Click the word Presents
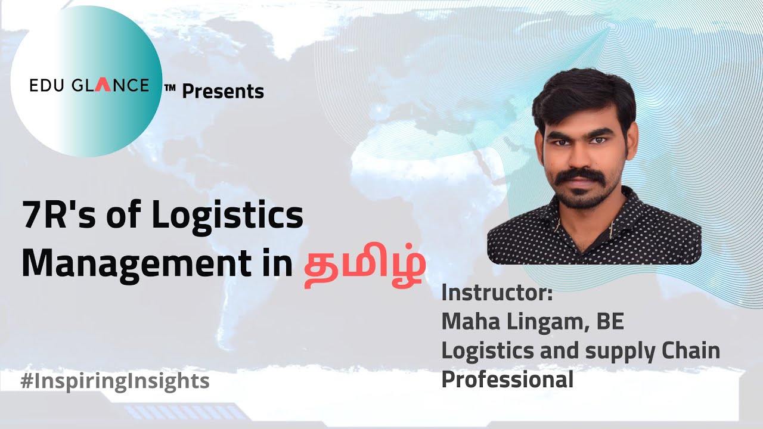223,91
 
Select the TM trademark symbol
170,88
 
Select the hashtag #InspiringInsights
114,381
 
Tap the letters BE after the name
610,322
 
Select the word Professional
507,380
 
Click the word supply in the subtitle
618,352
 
